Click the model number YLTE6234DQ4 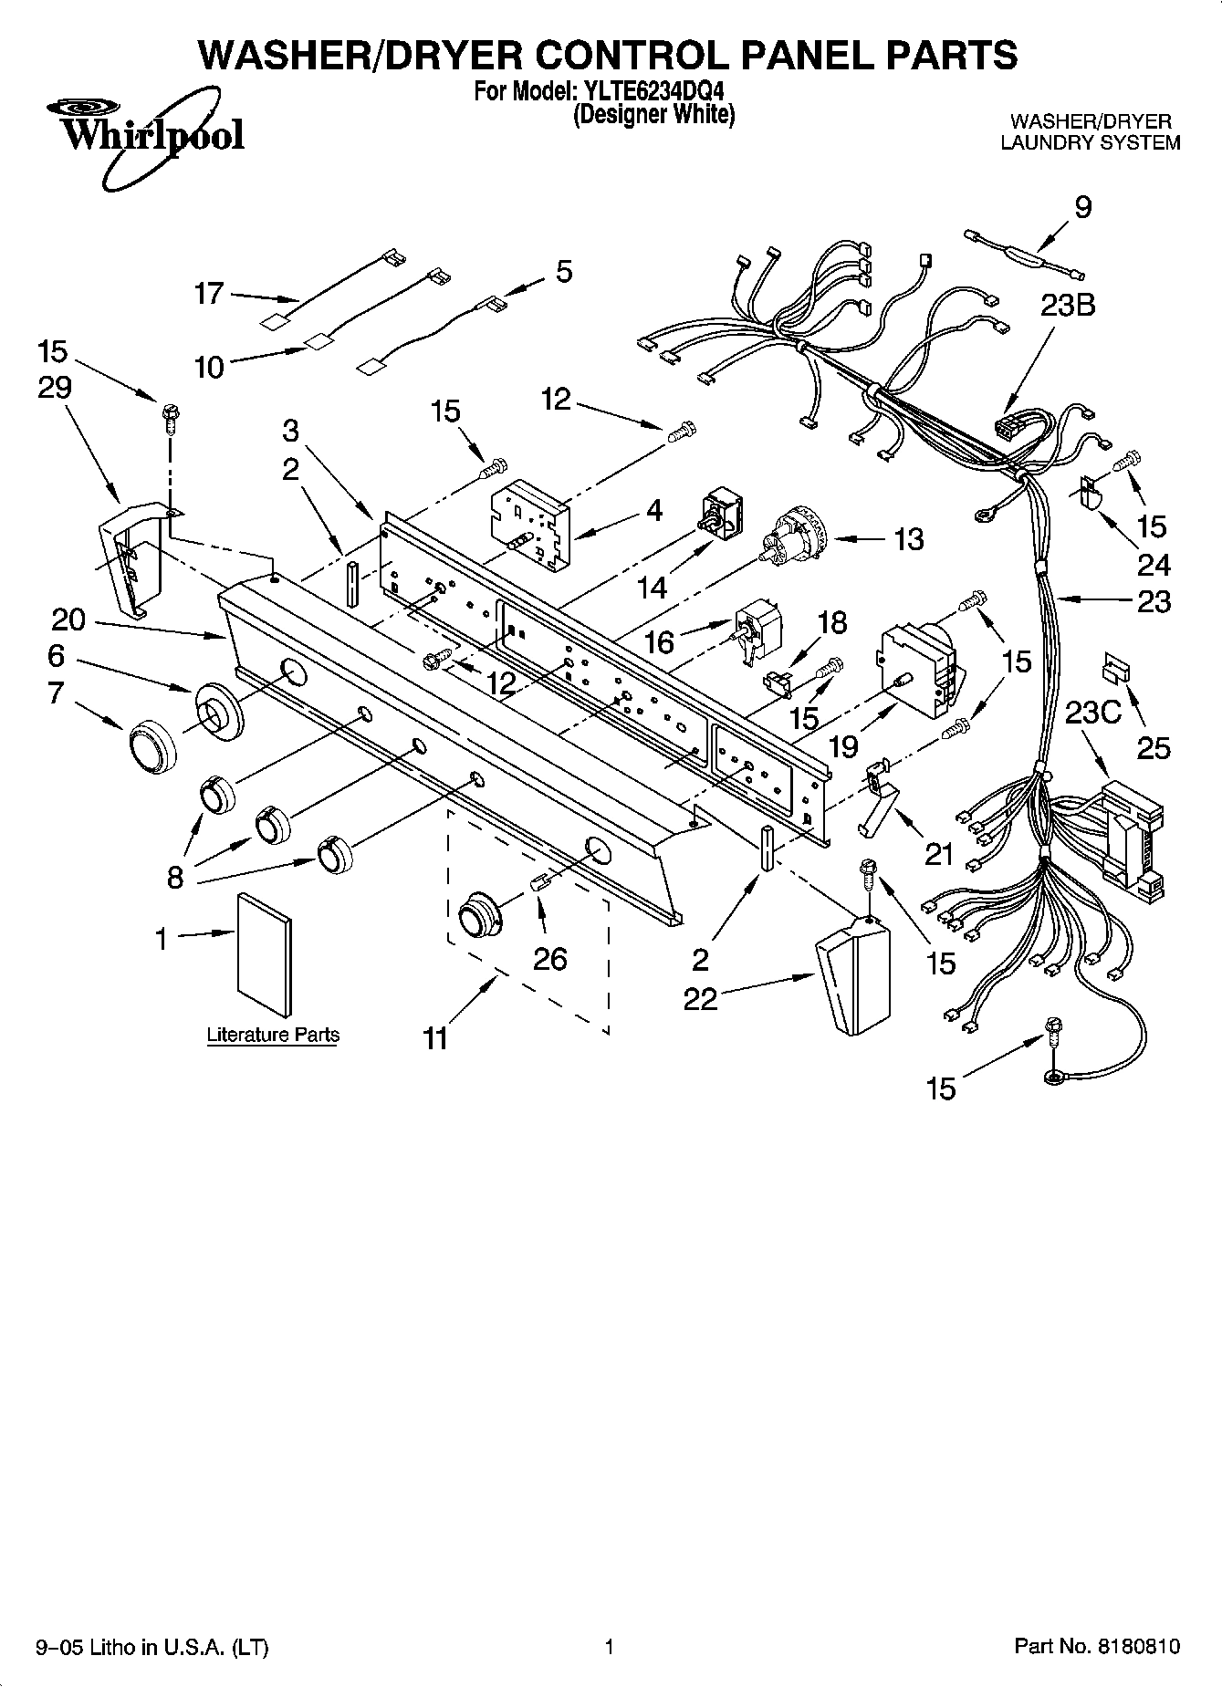coord(653,92)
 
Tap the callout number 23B coord(1067,306)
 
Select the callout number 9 coord(1082,208)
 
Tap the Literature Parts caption coord(273,1035)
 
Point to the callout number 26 coord(550,958)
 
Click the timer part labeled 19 coord(919,671)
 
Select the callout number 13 coord(908,539)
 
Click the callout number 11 coord(435,1037)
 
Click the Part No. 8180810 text coord(1097,1647)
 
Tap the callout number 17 coord(209,293)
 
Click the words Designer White coord(653,115)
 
